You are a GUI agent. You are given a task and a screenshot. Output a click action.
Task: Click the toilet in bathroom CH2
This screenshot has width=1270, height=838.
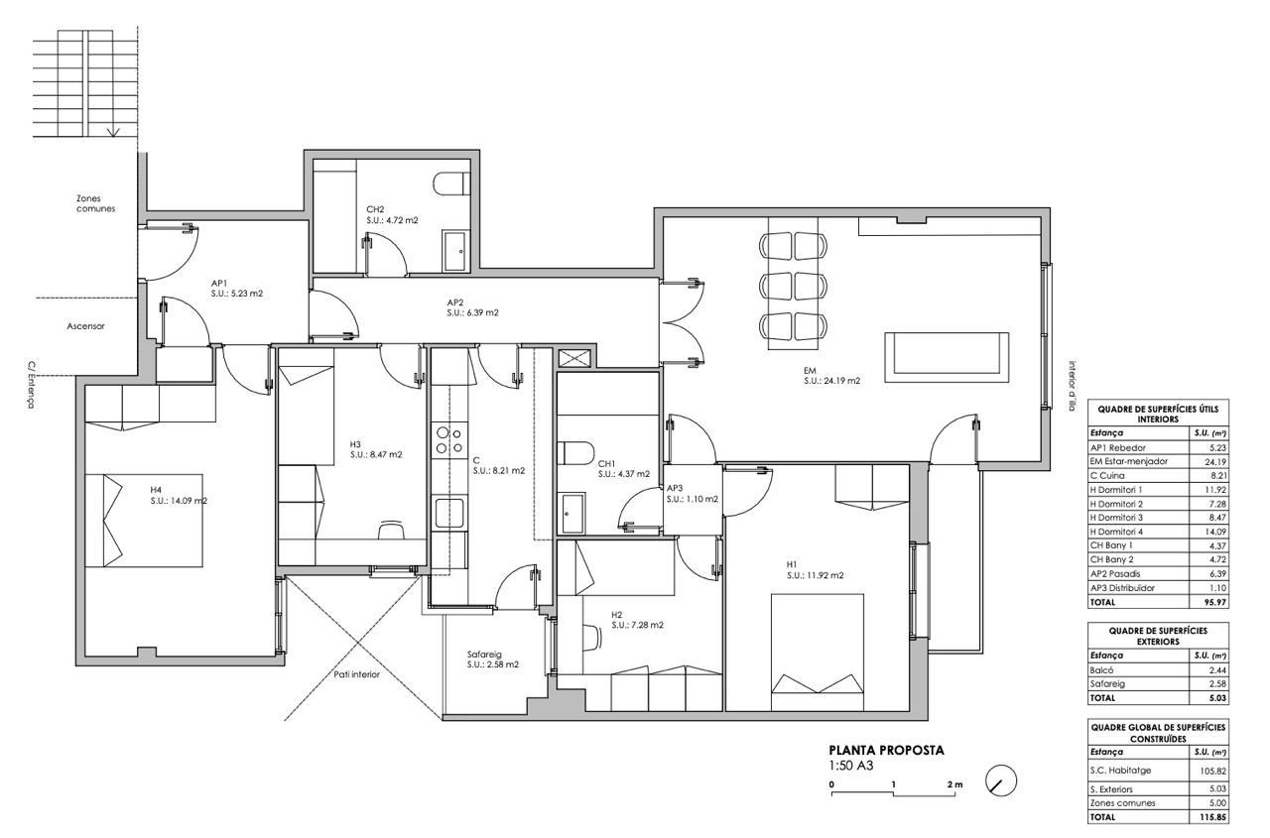[451, 183]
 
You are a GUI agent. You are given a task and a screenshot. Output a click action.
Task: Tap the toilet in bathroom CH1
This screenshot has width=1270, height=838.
[575, 453]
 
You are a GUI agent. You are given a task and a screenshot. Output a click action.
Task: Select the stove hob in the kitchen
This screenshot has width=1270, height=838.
[449, 440]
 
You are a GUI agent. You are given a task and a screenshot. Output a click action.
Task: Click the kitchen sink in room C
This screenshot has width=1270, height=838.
[449, 512]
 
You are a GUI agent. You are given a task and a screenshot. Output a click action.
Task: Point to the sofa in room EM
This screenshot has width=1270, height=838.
[947, 357]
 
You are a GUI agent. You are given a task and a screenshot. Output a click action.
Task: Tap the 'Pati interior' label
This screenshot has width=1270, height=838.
[356, 674]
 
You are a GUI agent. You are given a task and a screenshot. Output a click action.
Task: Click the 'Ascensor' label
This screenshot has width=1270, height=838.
[85, 326]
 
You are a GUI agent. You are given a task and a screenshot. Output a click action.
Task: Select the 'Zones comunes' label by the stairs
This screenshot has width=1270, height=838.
[96, 203]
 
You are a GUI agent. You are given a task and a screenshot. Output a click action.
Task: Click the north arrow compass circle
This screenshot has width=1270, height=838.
[1001, 780]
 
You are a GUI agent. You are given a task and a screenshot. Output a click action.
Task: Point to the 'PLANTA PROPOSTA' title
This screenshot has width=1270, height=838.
[887, 750]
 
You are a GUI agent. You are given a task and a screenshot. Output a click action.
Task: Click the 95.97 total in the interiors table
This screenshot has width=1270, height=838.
[1215, 602]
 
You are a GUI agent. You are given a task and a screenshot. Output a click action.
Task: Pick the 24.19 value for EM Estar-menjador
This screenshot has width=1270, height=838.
[1215, 462]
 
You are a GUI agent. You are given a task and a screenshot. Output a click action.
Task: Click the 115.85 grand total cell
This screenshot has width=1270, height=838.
[1213, 817]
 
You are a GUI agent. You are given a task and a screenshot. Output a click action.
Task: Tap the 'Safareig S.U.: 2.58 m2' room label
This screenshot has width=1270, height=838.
[493, 658]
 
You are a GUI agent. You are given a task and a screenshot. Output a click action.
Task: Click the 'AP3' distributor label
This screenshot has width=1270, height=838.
[675, 488]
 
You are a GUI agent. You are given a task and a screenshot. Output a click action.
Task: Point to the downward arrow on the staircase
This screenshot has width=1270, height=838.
[113, 132]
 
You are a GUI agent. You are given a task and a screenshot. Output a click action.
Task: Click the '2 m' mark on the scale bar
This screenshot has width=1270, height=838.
[954, 784]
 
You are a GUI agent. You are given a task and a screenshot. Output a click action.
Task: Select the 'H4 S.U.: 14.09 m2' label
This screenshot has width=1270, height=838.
[179, 495]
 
